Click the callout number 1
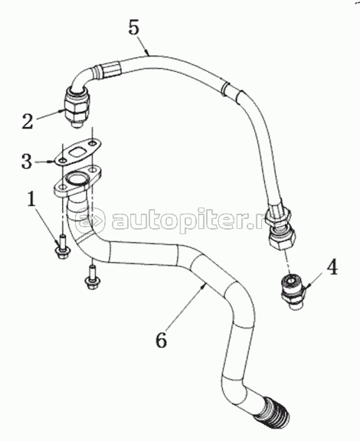coord(32,198)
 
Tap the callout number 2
coord(28,122)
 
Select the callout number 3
coord(27,161)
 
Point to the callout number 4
coord(332,267)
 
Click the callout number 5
coord(134,28)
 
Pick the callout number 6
coord(162,340)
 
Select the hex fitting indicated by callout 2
coord(77,106)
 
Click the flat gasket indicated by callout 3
coord(77,152)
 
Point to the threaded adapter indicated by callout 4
coord(293,292)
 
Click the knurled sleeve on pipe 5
coord(112,69)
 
